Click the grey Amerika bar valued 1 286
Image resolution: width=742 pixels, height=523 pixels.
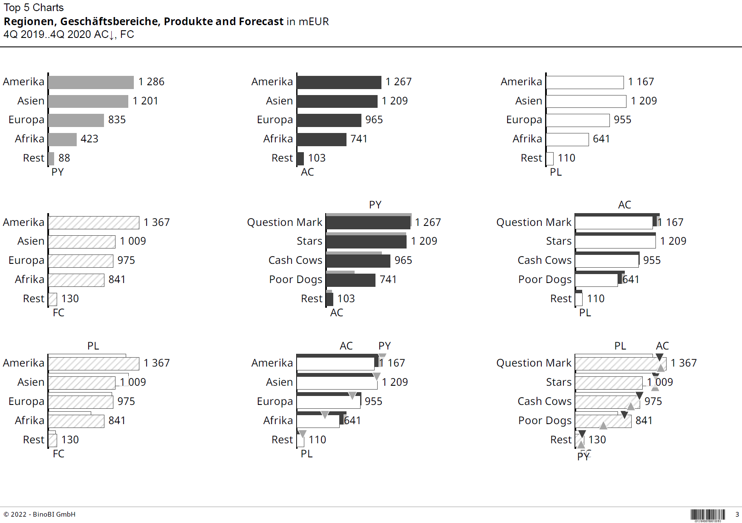(x=91, y=82)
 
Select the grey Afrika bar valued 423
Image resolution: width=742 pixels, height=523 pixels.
(x=62, y=139)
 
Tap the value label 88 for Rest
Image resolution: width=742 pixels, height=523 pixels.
(x=64, y=158)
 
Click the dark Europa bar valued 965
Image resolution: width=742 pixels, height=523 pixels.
(x=329, y=120)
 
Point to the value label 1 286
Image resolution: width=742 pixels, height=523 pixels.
(x=151, y=82)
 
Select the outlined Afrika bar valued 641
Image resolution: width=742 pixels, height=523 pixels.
(x=567, y=139)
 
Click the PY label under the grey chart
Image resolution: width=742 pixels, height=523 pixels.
(x=58, y=172)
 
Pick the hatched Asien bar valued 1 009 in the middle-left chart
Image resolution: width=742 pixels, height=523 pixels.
(x=82, y=242)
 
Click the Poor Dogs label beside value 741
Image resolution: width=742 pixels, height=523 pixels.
(x=295, y=280)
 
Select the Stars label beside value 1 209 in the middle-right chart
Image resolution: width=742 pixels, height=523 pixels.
(x=558, y=241)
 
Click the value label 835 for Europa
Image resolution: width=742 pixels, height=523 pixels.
(x=117, y=120)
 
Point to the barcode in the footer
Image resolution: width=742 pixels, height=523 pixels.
(x=707, y=515)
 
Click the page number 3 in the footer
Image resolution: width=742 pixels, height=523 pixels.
(x=737, y=514)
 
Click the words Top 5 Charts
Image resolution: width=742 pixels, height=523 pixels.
(x=34, y=8)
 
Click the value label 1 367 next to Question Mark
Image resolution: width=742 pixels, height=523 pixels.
(x=683, y=363)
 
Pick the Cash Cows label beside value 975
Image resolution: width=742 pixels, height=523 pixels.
(x=544, y=402)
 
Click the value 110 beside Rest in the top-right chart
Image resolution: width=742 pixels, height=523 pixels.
(x=566, y=158)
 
